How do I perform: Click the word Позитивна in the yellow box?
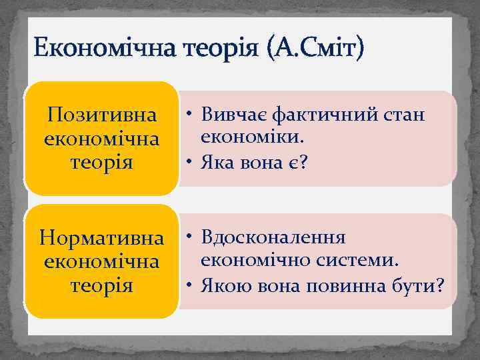[102, 115]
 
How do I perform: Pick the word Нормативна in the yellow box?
[102, 237]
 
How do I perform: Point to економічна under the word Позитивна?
[102, 139]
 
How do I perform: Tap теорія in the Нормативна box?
[102, 285]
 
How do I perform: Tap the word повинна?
[344, 286]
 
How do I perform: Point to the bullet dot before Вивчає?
[189, 115]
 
